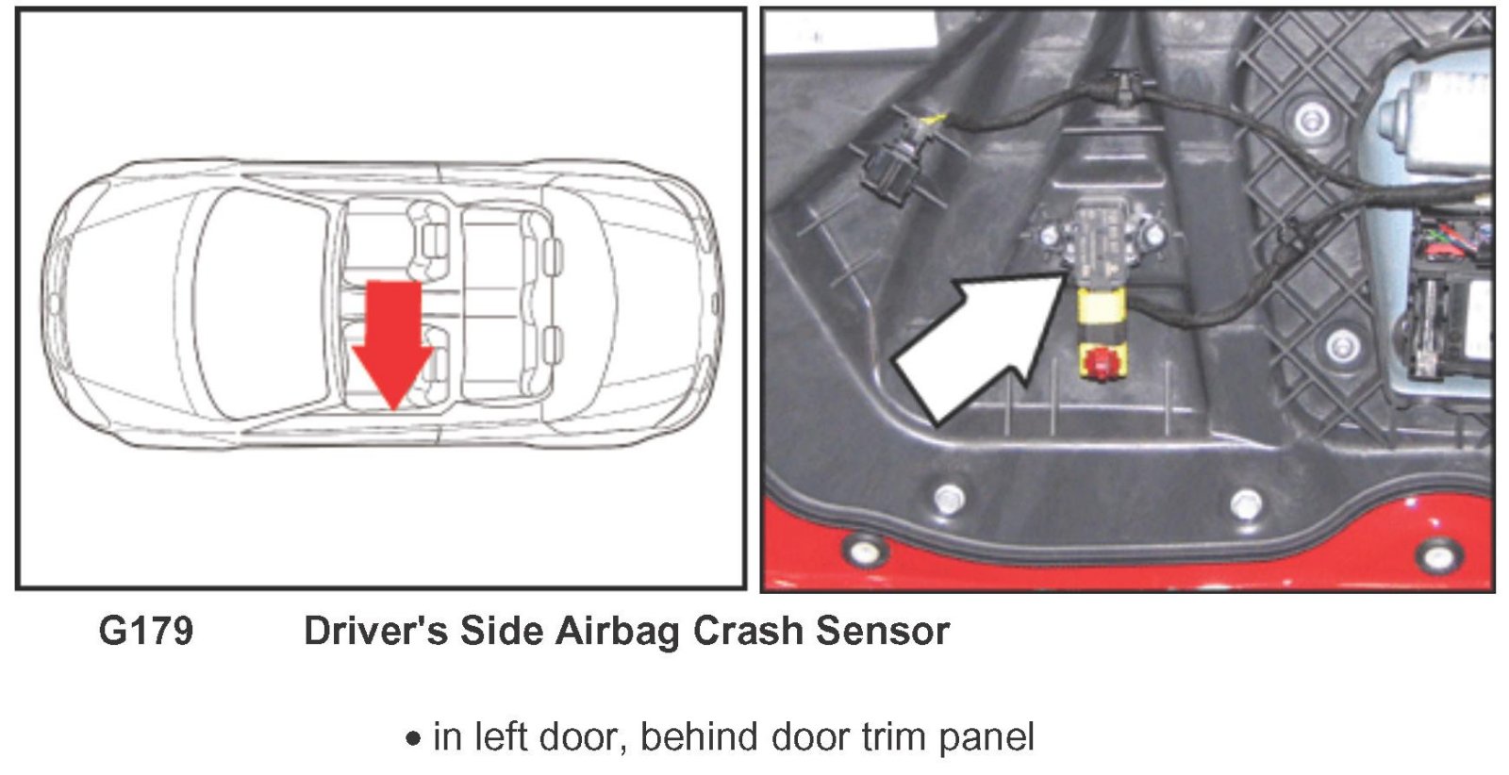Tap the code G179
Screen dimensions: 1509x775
[146, 631]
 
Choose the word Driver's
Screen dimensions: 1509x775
[375, 631]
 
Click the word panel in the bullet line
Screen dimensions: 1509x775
[986, 737]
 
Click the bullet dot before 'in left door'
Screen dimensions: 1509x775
[413, 739]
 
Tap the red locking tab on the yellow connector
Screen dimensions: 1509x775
[1099, 363]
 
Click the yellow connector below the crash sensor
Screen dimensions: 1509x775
[1101, 311]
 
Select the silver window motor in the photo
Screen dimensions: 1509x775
[1434, 123]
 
